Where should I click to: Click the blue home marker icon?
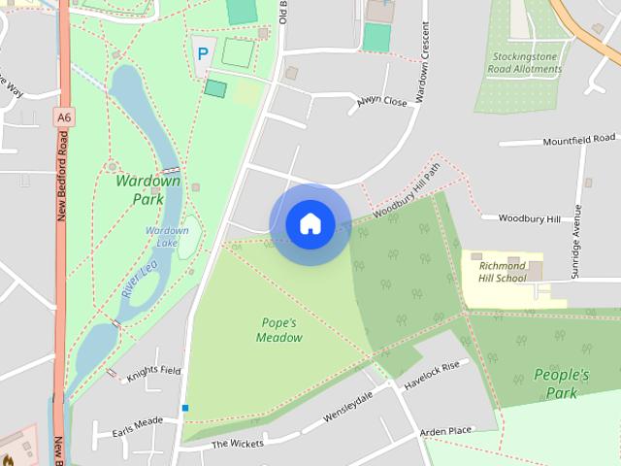[x=310, y=223]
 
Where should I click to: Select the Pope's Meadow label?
[x=279, y=330]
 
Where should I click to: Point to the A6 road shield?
[x=64, y=116]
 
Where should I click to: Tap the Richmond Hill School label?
[x=503, y=272]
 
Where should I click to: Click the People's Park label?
[x=561, y=383]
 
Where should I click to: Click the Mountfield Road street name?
[x=579, y=141]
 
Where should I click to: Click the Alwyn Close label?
[x=381, y=101]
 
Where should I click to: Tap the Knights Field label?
[x=153, y=371]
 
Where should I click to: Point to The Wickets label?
[x=237, y=444]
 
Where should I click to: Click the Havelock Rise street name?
[x=431, y=374]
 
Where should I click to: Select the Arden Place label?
[x=444, y=431]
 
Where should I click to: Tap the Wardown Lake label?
[x=167, y=236]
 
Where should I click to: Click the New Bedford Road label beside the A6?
[x=62, y=175]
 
